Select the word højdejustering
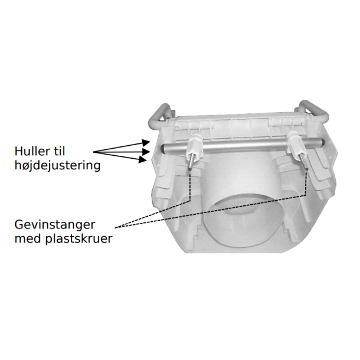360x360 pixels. [58, 166]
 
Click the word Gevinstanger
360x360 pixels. [55, 225]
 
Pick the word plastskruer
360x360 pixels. [78, 240]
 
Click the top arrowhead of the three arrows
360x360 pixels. [146, 143]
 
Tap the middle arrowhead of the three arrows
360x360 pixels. [146, 152]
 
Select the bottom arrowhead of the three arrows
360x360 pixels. [143, 159]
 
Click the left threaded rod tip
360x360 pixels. [189, 169]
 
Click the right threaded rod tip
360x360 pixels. [306, 169]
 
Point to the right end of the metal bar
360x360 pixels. [323, 142]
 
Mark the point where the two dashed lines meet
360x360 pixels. [116, 228]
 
